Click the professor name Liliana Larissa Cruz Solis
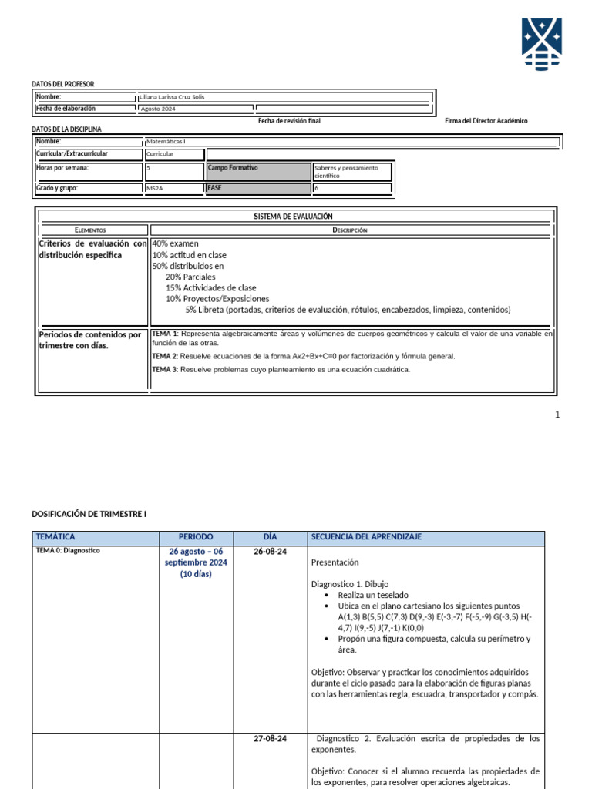pyautogui.click(x=172, y=97)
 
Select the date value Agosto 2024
pyautogui.click(x=158, y=109)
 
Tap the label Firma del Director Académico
pyautogui.click(x=486, y=121)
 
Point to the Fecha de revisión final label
pyautogui.click(x=289, y=121)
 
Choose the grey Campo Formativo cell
pyautogui.click(x=258, y=171)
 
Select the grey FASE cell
pyautogui.click(x=258, y=188)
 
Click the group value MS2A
pyautogui.click(x=155, y=188)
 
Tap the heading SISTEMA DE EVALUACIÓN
pyautogui.click(x=293, y=217)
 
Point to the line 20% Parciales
pyautogui.click(x=190, y=277)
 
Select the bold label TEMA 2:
pyautogui.click(x=165, y=356)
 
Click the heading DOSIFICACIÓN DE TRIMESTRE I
pyautogui.click(x=88, y=512)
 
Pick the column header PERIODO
pyautogui.click(x=196, y=536)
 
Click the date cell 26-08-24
pyautogui.click(x=270, y=552)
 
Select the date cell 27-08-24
pyautogui.click(x=270, y=739)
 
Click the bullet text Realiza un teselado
pyautogui.click(x=373, y=595)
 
